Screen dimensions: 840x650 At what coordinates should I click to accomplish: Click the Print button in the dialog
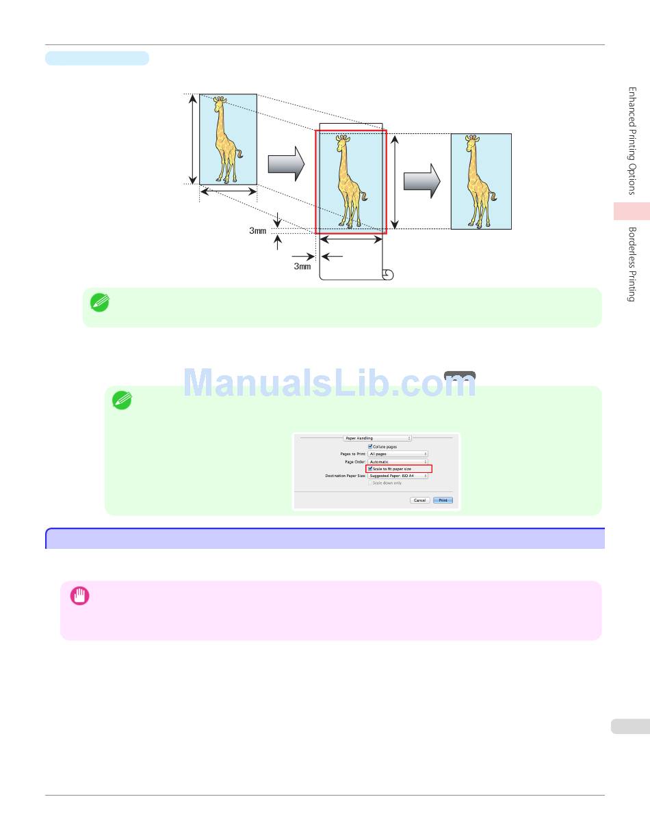443,500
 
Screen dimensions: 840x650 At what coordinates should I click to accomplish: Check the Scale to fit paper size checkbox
370,469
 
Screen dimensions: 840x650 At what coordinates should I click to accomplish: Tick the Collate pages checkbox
370,446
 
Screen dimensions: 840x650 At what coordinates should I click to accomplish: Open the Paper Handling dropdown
377,438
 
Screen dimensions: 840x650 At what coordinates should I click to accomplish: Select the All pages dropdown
398,454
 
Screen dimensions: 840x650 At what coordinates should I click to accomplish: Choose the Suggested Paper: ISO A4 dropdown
398,476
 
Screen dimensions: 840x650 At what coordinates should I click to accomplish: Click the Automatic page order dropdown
398,462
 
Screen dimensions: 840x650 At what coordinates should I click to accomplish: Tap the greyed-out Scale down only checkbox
370,483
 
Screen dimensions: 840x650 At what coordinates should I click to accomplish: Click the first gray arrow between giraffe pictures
285,164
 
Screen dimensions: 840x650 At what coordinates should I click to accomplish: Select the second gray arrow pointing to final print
421,180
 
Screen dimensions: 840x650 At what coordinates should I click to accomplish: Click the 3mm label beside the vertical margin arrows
257,231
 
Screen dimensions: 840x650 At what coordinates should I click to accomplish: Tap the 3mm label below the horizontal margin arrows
302,267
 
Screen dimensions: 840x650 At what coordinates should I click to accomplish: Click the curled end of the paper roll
388,275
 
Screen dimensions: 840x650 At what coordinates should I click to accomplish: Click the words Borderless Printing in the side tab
632,264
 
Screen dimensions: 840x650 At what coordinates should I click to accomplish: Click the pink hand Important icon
79,597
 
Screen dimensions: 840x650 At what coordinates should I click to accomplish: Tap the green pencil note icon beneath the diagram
101,303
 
